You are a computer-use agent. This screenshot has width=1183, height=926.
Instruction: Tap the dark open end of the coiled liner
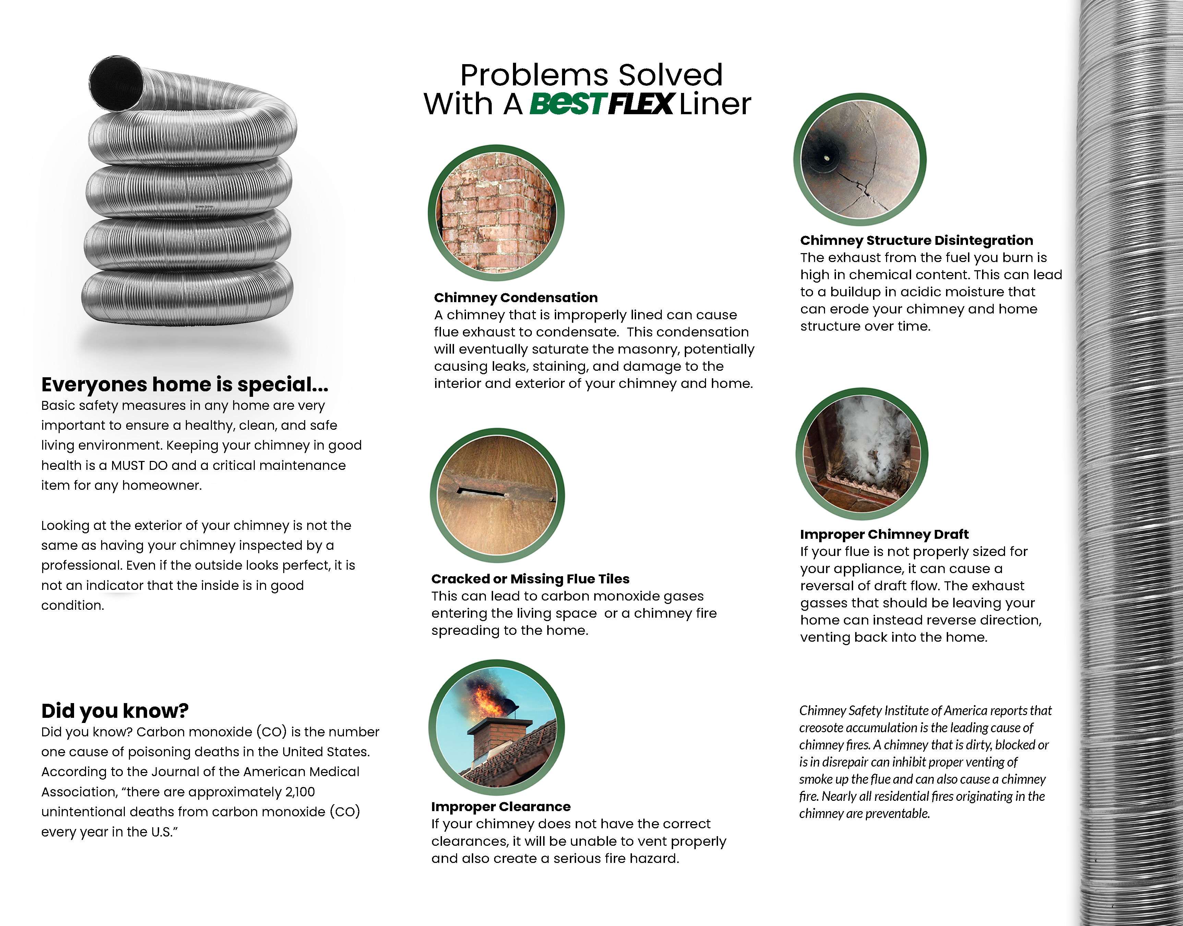(116, 83)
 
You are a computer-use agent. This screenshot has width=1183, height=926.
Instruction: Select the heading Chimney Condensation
(515, 298)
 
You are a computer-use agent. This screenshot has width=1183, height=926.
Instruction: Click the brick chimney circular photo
(497, 213)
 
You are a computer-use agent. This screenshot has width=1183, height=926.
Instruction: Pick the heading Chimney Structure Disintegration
(916, 240)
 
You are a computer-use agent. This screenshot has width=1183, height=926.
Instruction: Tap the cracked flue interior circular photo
(860, 159)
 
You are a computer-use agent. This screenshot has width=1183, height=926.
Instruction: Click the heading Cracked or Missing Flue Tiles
(530, 579)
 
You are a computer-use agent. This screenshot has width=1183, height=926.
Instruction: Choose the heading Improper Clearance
(501, 807)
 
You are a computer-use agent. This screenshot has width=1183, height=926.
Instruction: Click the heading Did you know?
(115, 711)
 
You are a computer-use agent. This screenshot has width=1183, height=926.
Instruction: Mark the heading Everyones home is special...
(185, 384)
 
